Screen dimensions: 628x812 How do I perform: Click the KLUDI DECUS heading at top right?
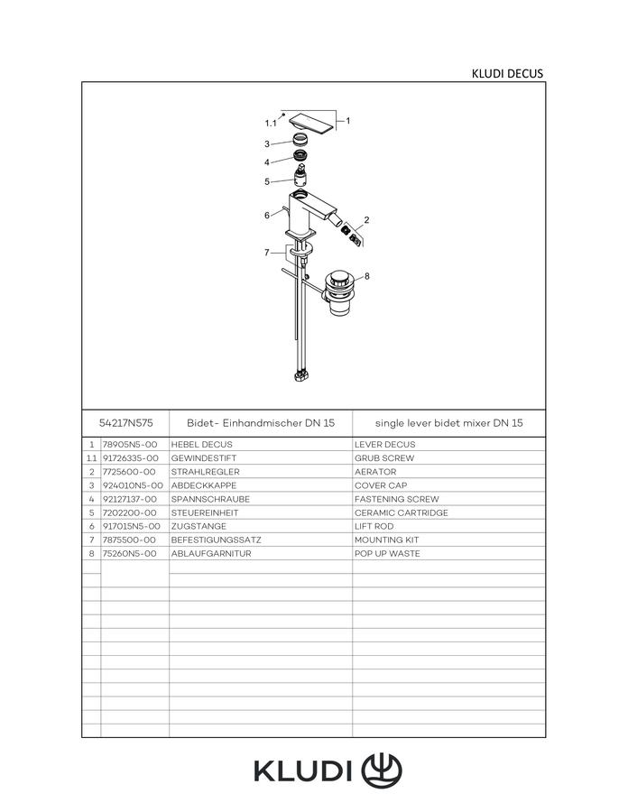(x=507, y=74)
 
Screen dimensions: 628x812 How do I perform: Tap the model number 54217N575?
(x=125, y=422)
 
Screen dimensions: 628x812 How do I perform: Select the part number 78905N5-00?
(x=130, y=444)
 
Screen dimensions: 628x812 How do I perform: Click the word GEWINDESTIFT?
(x=203, y=458)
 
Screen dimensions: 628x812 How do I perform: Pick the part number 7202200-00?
(x=129, y=512)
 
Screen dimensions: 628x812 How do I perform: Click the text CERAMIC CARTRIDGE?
(x=402, y=512)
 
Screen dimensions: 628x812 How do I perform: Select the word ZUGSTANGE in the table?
(x=199, y=526)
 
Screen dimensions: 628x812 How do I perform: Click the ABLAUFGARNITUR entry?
(x=211, y=554)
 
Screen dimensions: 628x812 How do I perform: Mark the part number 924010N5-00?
(x=133, y=485)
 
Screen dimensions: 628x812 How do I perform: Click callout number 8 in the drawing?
(x=367, y=276)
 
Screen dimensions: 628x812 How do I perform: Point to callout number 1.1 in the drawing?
(x=271, y=124)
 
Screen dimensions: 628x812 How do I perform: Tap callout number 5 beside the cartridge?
(x=267, y=181)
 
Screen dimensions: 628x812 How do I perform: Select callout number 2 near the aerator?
(x=366, y=220)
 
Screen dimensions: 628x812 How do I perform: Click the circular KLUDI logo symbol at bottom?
(x=382, y=770)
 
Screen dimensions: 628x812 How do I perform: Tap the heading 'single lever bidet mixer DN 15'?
(x=448, y=423)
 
